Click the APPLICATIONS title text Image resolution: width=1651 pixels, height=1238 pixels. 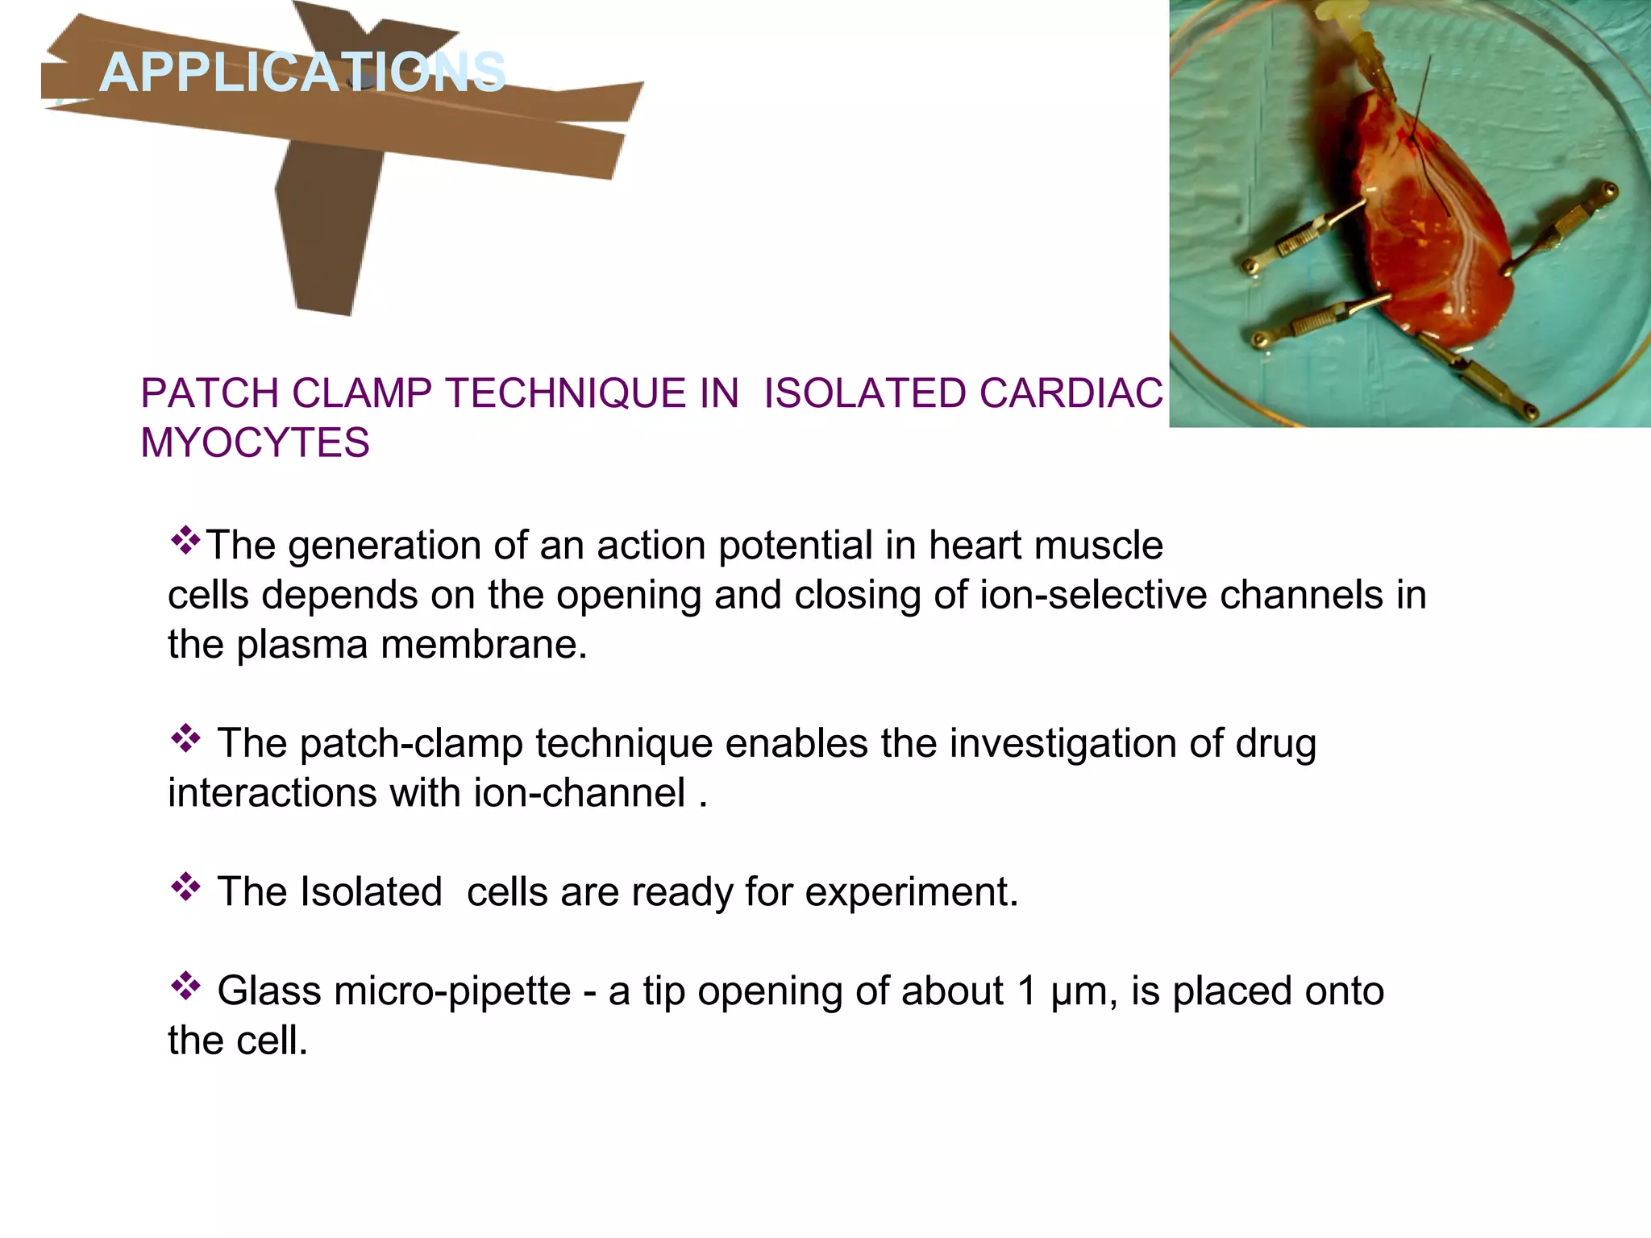[x=302, y=73]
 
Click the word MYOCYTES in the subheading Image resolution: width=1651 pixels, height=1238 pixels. [x=255, y=442]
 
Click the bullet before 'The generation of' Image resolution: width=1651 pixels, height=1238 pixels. [x=185, y=540]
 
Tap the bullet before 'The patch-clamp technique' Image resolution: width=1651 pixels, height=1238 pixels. [x=185, y=738]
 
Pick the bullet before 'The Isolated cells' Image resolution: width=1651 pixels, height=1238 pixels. [x=185, y=887]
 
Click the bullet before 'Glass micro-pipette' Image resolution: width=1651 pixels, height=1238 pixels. [x=185, y=987]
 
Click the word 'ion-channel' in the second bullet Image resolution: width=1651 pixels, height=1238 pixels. [x=579, y=793]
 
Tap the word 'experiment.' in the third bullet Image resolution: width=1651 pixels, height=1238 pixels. [x=912, y=892]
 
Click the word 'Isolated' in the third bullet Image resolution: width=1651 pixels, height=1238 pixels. [x=370, y=892]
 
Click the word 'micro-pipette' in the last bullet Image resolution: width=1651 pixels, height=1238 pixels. [x=452, y=991]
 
